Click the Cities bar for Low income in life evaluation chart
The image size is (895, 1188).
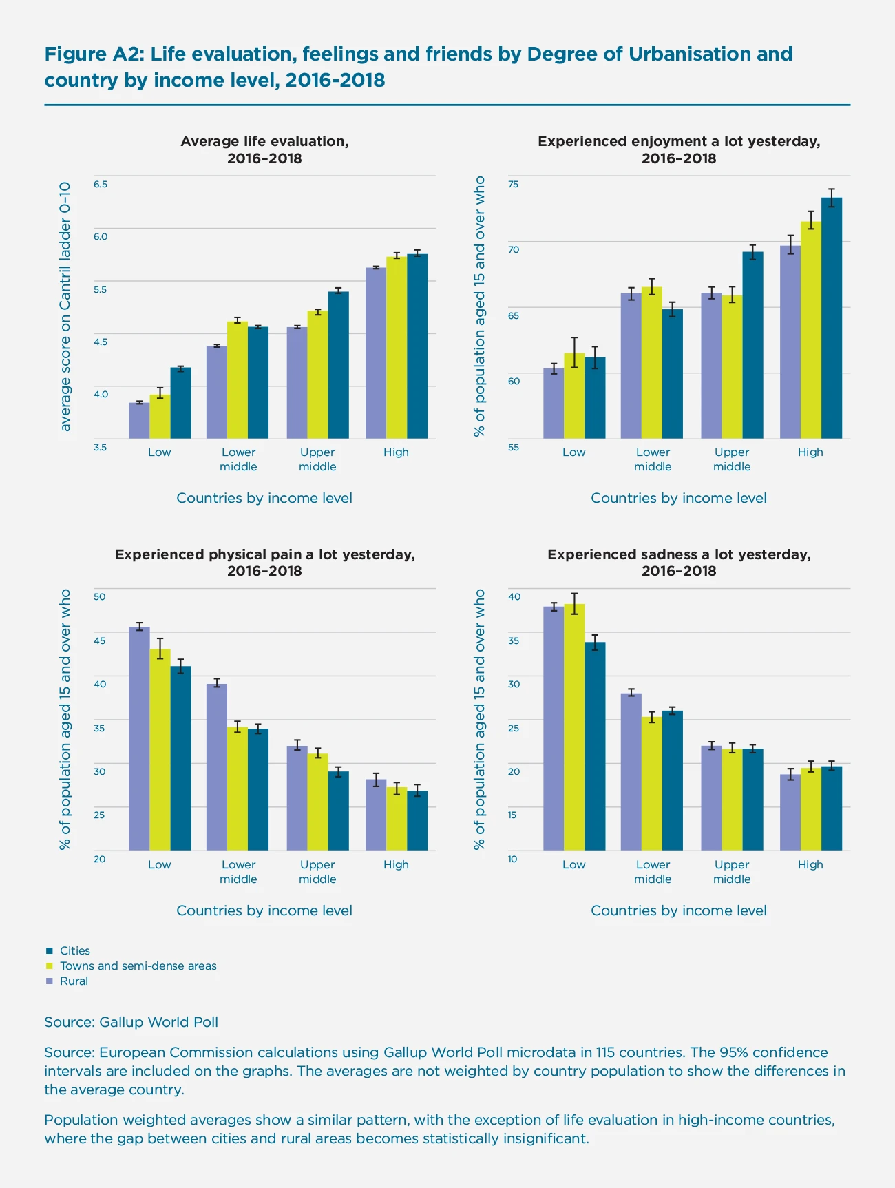coord(181,404)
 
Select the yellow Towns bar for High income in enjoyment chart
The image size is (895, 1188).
coord(810,331)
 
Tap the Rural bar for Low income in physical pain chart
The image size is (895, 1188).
coord(139,738)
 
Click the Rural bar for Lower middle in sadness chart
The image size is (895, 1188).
coord(631,771)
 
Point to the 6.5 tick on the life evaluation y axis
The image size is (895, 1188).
coord(101,184)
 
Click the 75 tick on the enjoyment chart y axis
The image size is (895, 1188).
coord(514,184)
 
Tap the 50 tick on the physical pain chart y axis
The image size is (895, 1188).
coord(100,596)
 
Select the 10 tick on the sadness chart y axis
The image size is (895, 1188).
coord(514,859)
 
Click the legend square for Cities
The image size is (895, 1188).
coord(50,950)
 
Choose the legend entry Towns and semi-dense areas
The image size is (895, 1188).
coord(138,966)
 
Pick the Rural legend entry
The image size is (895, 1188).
coord(74,981)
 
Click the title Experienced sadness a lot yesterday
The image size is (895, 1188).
coord(679,554)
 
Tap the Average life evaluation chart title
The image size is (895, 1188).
coord(264,141)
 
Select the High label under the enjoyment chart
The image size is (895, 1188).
coord(810,452)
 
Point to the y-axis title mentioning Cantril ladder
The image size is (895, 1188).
coord(65,307)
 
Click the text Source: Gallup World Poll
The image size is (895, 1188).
coord(131,1022)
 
